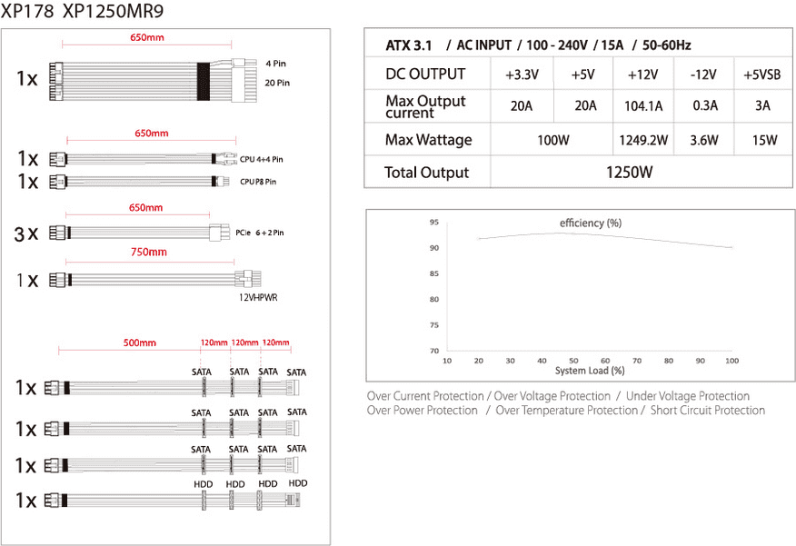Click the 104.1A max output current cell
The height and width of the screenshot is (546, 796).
(643, 106)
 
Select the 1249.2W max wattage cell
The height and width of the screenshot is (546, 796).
(643, 140)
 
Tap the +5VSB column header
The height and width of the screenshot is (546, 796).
(762, 75)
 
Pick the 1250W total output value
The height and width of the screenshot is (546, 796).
(629, 173)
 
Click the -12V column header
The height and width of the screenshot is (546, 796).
(703, 75)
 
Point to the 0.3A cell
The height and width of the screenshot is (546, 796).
(705, 105)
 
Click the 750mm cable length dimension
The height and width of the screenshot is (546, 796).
(149, 253)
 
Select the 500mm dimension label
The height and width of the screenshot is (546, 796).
(140, 343)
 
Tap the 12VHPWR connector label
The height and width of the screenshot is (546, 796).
(258, 298)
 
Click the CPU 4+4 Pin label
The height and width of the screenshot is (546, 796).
(262, 159)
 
